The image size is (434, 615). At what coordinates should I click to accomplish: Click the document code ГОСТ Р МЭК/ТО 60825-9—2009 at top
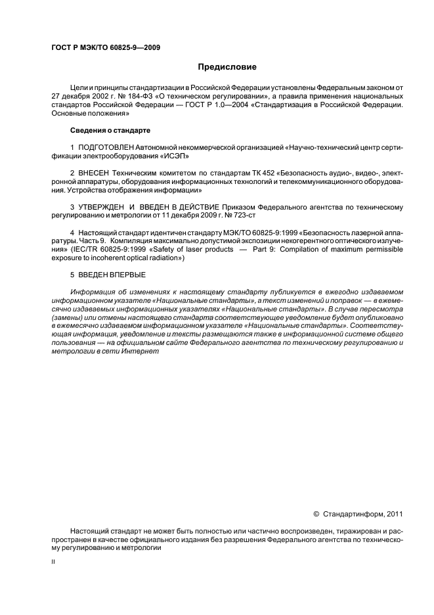(x=106, y=47)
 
